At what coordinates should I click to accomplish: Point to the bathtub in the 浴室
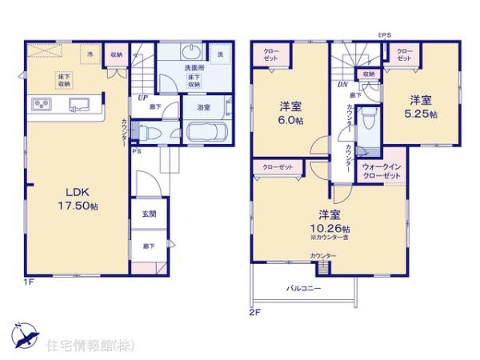click(x=207, y=133)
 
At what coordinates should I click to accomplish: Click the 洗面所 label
click(x=193, y=68)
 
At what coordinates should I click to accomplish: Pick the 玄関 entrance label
click(x=149, y=214)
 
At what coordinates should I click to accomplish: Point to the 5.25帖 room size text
click(x=423, y=114)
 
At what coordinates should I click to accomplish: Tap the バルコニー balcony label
click(x=303, y=287)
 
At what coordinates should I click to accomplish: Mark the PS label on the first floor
click(x=137, y=149)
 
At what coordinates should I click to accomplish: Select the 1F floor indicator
click(x=27, y=282)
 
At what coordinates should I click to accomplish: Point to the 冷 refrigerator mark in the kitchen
click(x=90, y=54)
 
